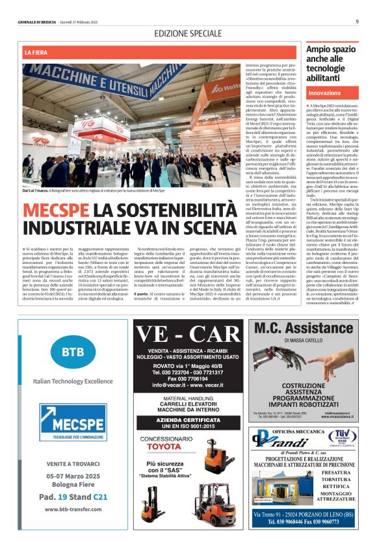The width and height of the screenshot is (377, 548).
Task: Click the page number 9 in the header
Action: (357, 21)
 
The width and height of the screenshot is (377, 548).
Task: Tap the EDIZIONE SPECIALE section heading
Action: (188, 33)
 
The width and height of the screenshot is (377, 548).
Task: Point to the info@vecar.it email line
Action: (188, 385)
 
